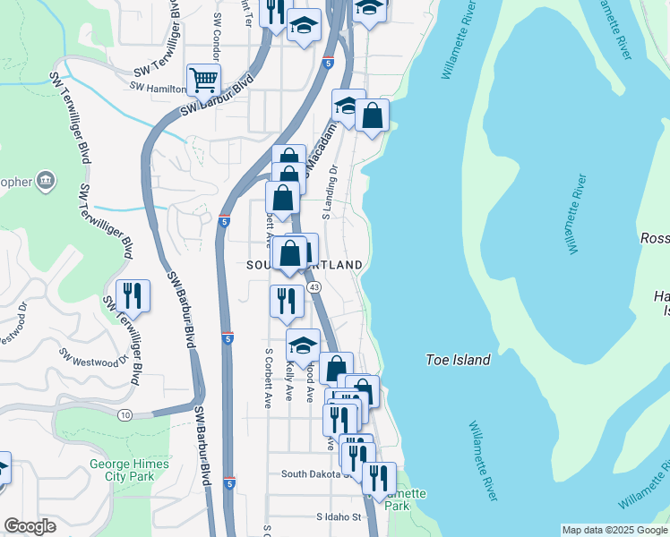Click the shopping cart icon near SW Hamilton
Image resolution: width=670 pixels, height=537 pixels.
point(204,80)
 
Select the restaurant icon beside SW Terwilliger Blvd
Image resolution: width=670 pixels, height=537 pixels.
point(133,296)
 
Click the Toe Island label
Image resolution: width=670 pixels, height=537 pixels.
point(457,360)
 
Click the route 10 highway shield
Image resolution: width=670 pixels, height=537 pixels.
point(124,413)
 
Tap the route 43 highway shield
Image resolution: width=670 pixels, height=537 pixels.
point(314,287)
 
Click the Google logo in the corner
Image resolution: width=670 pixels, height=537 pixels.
point(30,526)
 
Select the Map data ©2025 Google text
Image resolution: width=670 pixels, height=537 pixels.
point(614,530)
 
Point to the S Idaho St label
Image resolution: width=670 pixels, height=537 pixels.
point(338,517)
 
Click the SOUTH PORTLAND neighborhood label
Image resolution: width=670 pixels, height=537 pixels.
point(306,266)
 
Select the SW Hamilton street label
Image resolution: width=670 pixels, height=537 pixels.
point(159,87)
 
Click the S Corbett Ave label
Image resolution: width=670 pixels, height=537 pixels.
point(267,378)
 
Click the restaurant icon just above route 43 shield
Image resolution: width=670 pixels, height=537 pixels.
point(287,301)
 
